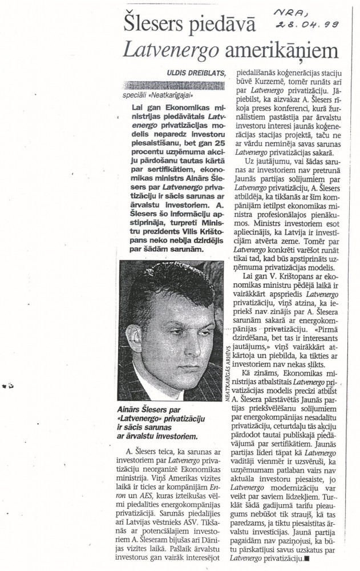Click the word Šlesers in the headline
151,26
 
